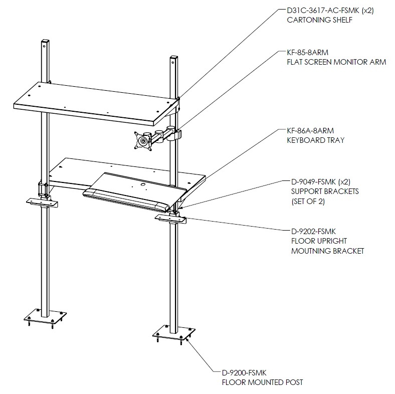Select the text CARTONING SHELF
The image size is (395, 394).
(x=319, y=20)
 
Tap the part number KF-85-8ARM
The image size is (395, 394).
(x=308, y=53)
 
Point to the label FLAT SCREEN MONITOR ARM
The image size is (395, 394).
(x=336, y=62)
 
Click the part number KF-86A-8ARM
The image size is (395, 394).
(x=310, y=131)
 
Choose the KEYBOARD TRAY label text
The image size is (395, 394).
(x=316, y=140)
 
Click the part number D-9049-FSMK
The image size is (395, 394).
(x=313, y=181)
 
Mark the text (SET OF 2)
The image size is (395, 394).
(x=308, y=202)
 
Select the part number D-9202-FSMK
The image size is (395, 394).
(x=313, y=232)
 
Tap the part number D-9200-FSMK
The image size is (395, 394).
(x=244, y=372)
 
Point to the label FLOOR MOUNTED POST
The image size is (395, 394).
(x=262, y=382)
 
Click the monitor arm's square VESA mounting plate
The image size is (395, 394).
(x=143, y=141)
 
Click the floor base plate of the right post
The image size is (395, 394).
(x=174, y=333)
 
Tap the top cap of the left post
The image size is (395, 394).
(x=45, y=41)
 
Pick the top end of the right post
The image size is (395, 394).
(x=174, y=58)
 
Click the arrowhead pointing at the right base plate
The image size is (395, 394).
(x=187, y=339)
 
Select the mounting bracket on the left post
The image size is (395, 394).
(x=42, y=202)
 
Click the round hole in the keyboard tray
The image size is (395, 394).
(x=142, y=184)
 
